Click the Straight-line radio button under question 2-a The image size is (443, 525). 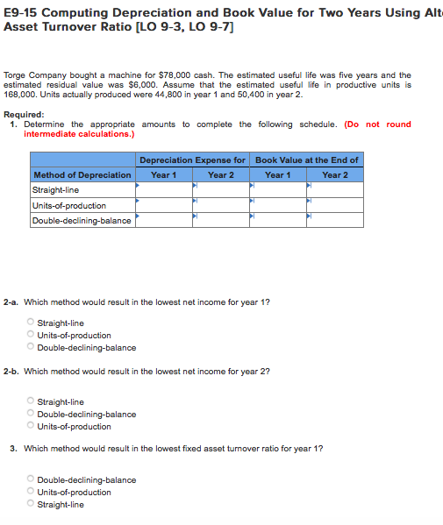(32, 323)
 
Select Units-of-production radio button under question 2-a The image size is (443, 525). (32, 335)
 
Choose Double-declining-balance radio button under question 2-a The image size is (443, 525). (32, 347)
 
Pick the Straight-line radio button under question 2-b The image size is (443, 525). (32, 401)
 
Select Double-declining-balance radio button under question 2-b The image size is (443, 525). (32, 414)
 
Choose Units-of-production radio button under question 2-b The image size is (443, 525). (32, 426)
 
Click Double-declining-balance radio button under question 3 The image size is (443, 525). (32, 479)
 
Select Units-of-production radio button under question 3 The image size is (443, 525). (32, 492)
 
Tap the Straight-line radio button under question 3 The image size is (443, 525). (32, 504)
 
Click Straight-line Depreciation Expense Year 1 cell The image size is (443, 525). (161, 189)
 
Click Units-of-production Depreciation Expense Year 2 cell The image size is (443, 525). (220, 205)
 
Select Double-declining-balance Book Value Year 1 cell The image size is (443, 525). (278, 220)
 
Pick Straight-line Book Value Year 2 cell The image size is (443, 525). (335, 189)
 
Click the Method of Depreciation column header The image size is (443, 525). (82, 175)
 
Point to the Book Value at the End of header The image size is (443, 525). (307, 160)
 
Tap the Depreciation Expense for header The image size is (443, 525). (192, 160)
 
